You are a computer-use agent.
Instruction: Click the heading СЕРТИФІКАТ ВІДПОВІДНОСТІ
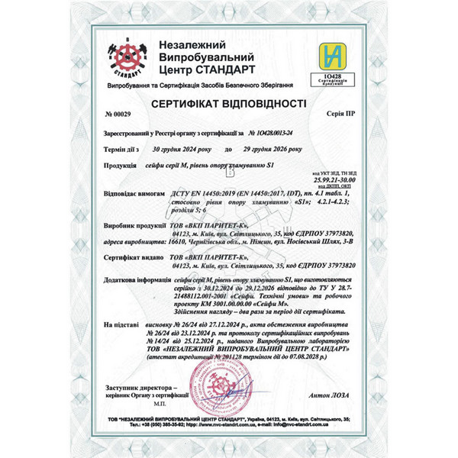(x=229, y=102)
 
